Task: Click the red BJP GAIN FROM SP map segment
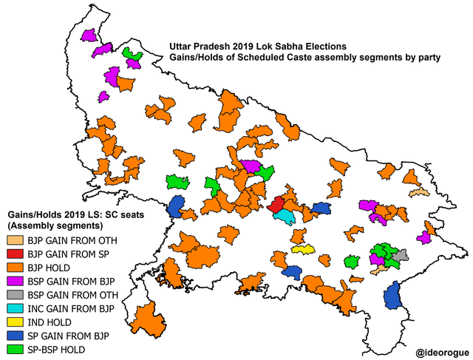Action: [x=276, y=205]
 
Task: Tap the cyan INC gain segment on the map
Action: [x=285, y=216]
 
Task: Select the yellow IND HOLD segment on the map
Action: [x=303, y=248]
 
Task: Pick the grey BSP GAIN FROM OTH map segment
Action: [x=400, y=256]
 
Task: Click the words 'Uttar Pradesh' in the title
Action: [x=203, y=45]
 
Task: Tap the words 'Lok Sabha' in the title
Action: [x=288, y=45]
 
